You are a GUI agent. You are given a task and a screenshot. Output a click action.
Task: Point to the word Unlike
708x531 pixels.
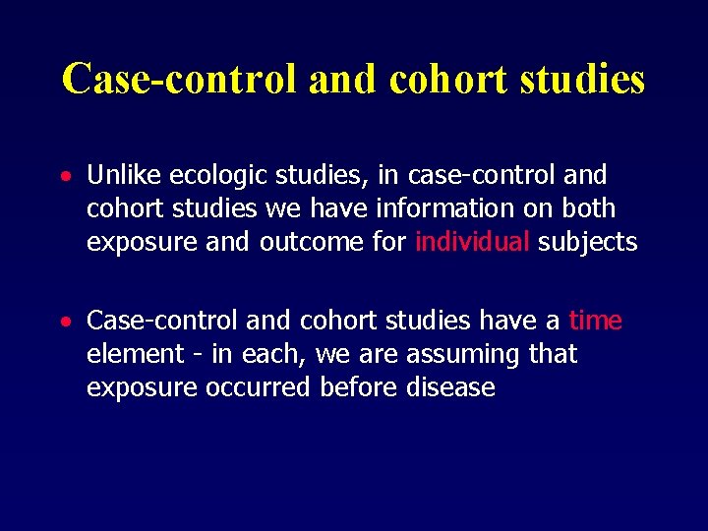pos(124,175)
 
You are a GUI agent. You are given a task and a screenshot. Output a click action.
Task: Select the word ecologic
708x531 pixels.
pos(215,175)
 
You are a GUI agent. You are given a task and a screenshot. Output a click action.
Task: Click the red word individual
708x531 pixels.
pos(472,242)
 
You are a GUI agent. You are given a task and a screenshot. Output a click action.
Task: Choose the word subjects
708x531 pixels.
pos(587,242)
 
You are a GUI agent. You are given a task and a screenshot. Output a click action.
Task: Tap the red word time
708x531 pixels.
pos(595,321)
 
